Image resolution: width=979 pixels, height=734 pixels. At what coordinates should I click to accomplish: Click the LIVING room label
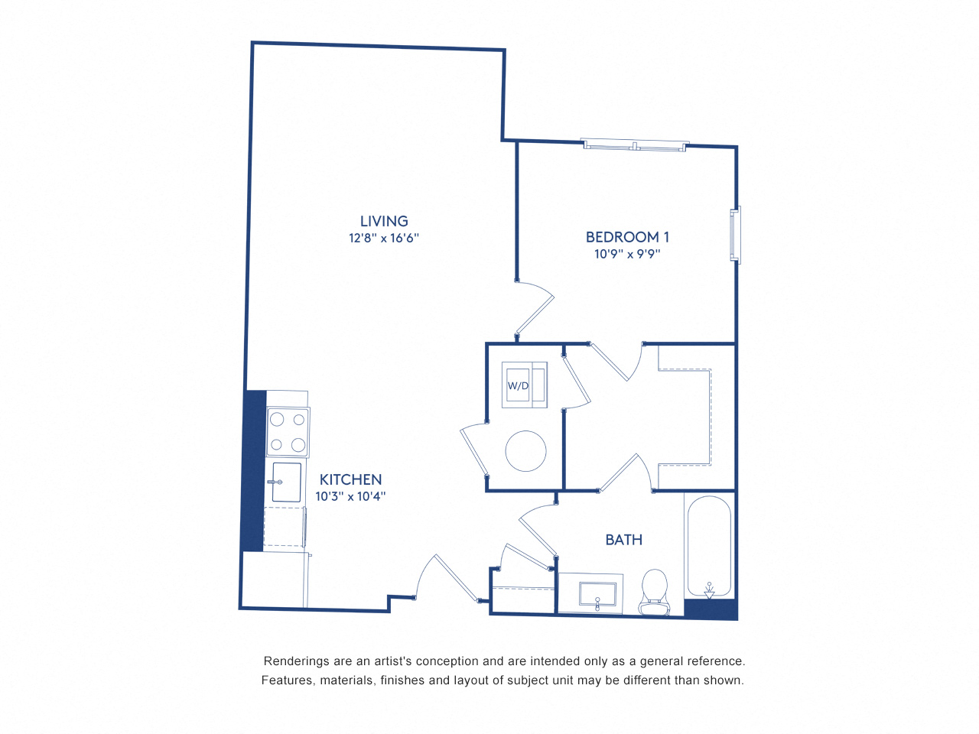(384, 221)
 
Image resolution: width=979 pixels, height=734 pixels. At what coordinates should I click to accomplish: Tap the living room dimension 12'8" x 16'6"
(384, 238)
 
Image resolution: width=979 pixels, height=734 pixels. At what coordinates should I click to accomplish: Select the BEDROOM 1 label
(627, 237)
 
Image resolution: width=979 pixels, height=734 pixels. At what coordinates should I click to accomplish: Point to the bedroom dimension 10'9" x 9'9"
(627, 254)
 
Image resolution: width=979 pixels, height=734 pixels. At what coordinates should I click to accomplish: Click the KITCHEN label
(350, 479)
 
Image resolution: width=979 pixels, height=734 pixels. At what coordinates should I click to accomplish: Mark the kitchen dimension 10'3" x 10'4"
(350, 496)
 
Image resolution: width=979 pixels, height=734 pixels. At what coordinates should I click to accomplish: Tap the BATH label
(623, 540)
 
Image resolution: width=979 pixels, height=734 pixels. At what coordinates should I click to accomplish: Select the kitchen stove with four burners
(288, 432)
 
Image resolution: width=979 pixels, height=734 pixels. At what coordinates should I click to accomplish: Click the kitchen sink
(287, 482)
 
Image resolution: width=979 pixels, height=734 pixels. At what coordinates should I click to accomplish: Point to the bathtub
(708, 545)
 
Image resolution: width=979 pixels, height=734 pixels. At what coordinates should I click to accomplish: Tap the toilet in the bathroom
(654, 591)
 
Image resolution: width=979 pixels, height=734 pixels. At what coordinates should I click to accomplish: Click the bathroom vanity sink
(597, 594)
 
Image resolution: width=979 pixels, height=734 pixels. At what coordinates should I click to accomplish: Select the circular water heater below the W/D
(525, 451)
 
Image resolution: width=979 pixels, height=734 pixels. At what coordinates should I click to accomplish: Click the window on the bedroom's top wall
(635, 145)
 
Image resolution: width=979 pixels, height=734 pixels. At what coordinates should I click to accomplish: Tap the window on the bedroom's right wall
(736, 235)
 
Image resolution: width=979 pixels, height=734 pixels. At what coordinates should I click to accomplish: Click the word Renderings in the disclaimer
(296, 661)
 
